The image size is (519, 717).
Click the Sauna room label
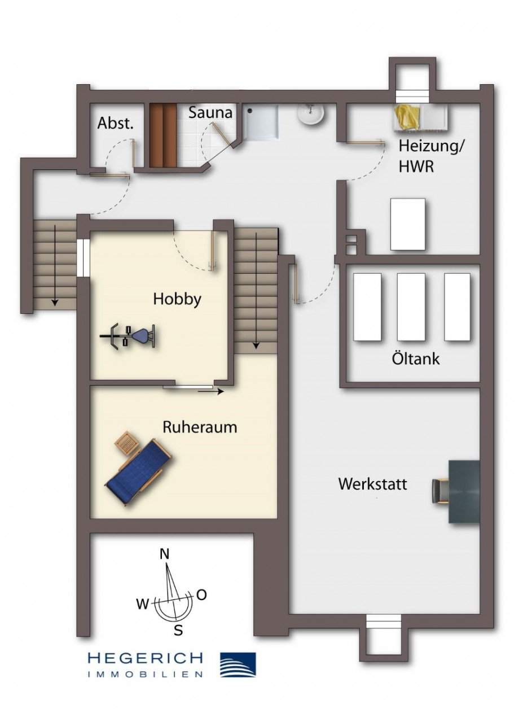point(210,113)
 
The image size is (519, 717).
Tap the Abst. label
point(115,123)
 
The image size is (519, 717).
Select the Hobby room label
point(177,300)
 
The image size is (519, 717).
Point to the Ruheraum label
point(200,427)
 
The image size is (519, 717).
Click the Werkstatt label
point(373,484)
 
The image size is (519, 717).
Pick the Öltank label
point(416,358)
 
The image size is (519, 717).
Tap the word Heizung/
point(432,147)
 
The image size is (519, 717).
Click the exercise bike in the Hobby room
point(128,336)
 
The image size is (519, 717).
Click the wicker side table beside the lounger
point(127,443)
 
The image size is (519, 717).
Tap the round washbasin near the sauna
point(310,113)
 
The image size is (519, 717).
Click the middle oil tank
point(411,307)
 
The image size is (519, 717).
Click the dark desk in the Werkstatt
point(464,492)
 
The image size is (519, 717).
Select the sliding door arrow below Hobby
point(211,391)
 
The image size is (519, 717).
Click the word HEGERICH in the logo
point(145,658)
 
